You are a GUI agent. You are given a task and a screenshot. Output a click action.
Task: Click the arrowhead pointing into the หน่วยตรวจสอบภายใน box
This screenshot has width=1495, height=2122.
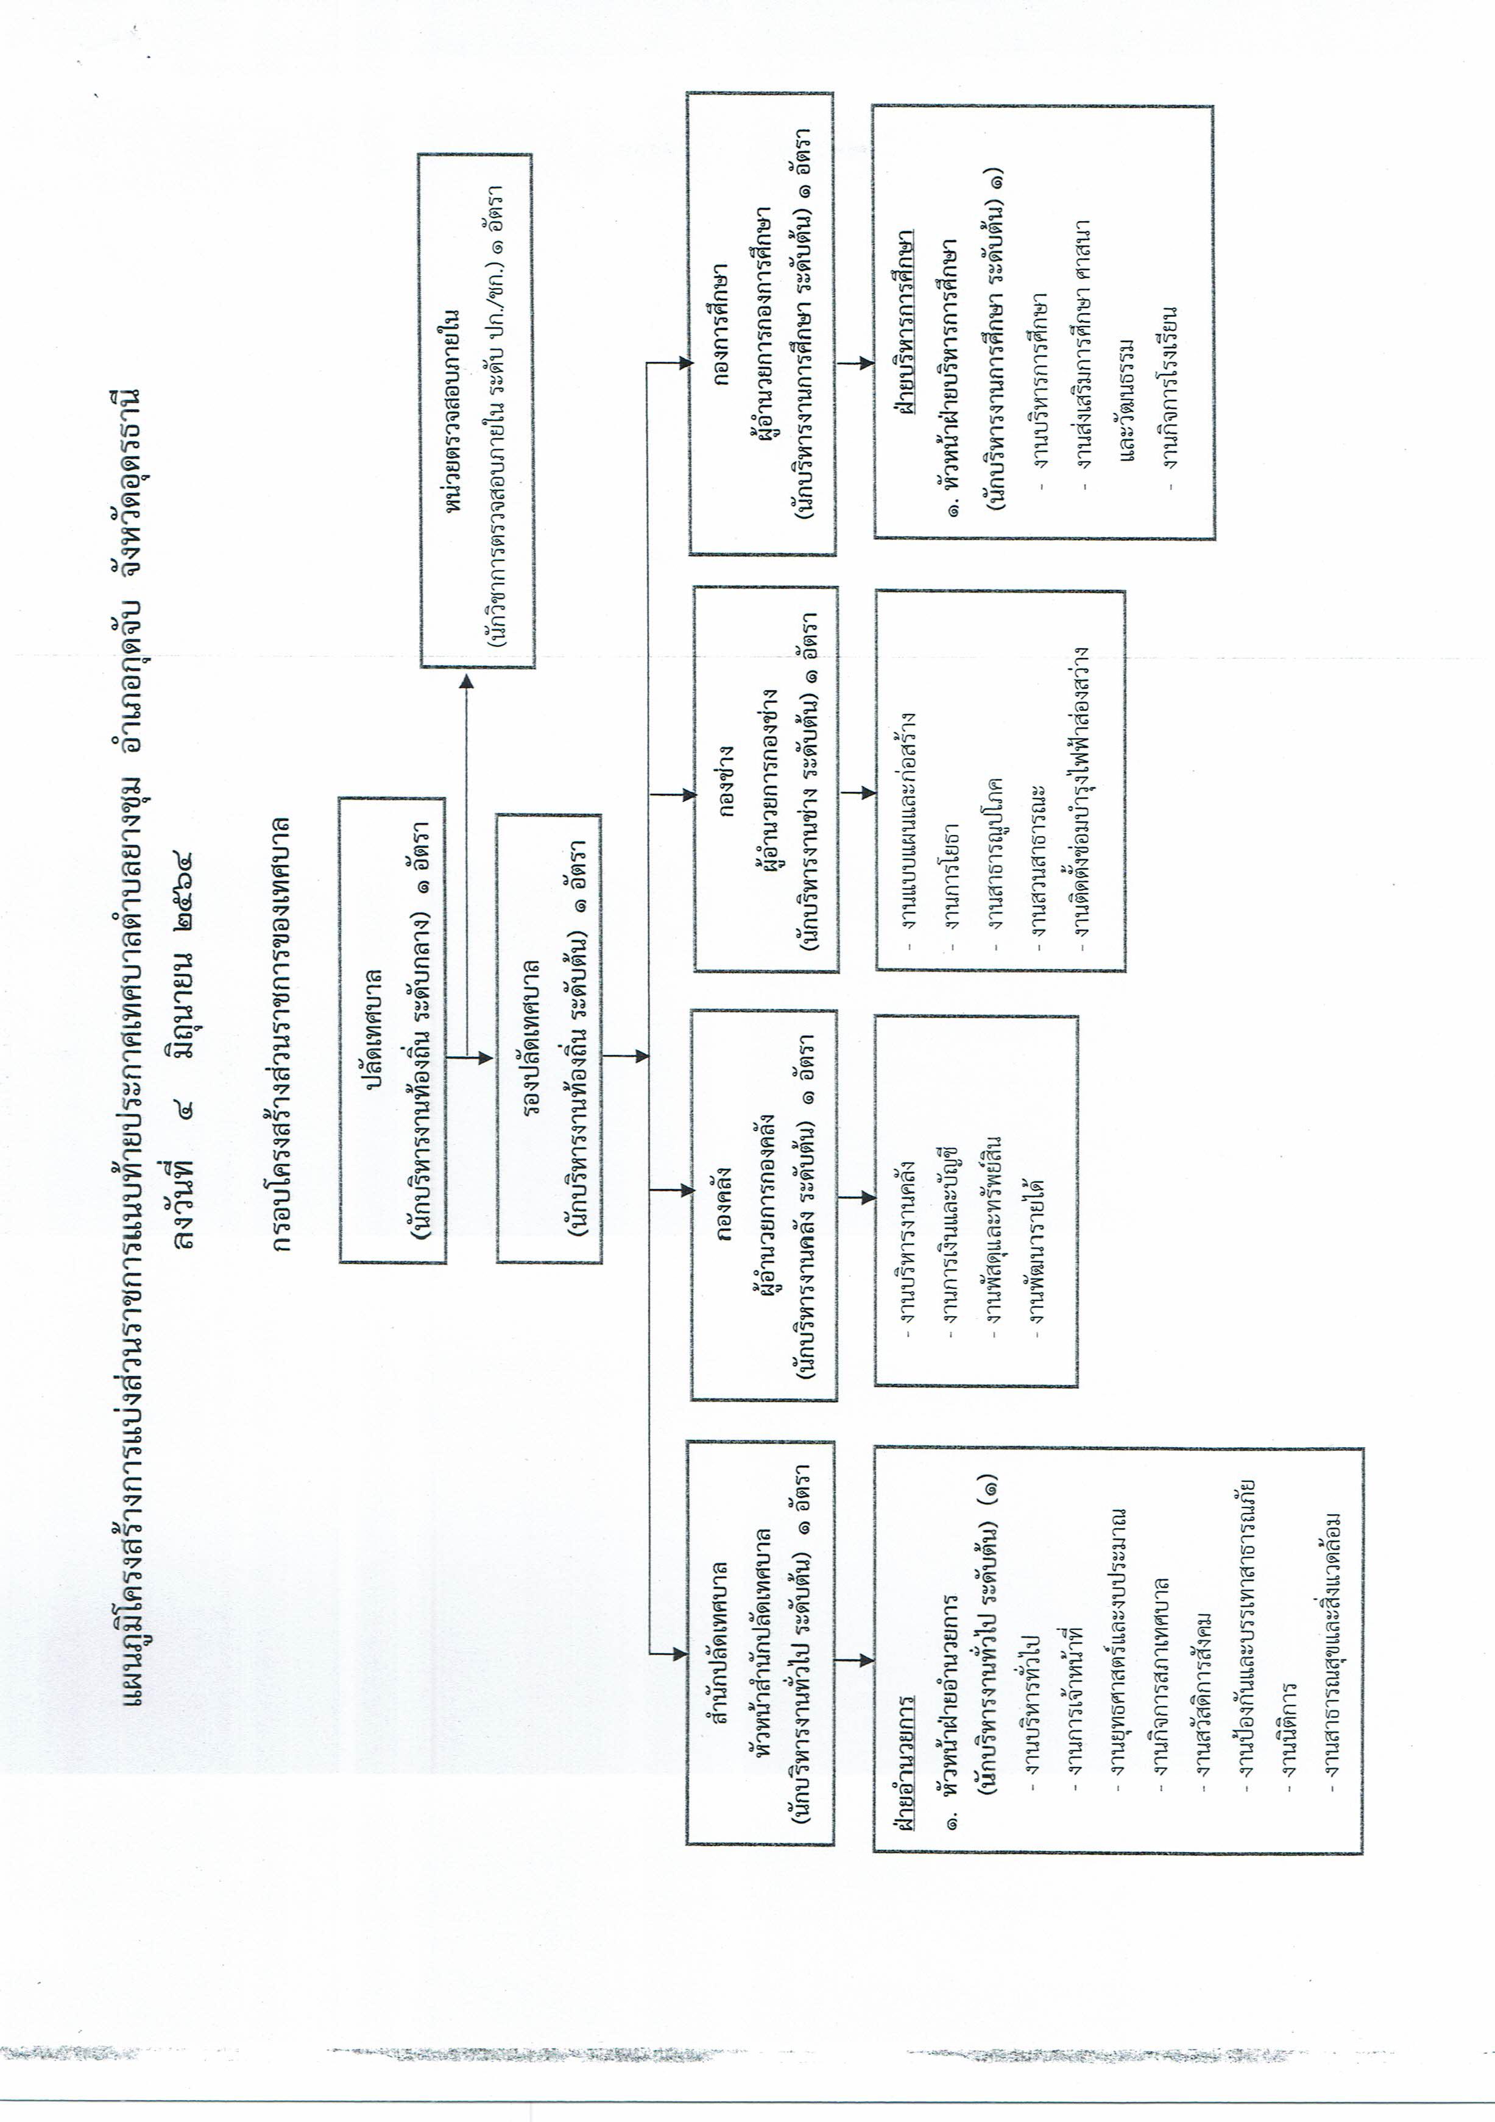click(x=467, y=681)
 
